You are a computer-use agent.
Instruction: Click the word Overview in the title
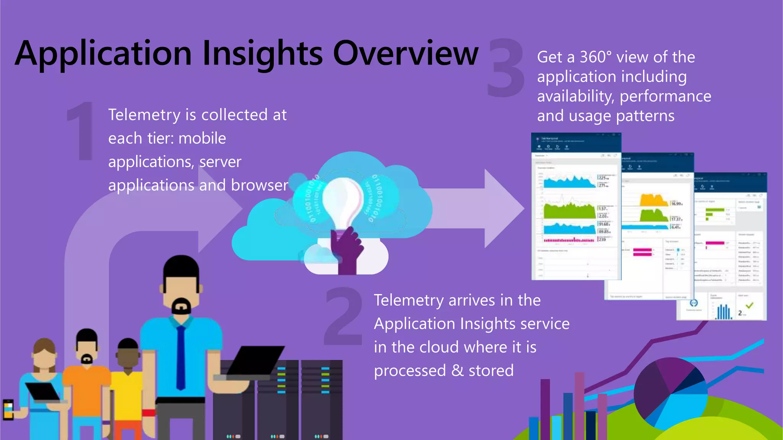tap(405, 53)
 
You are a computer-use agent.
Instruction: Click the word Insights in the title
tap(262, 53)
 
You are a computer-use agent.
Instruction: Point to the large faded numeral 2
tap(343, 317)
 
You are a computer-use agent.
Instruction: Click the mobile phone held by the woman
tap(8, 409)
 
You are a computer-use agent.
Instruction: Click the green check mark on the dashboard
tap(749, 305)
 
